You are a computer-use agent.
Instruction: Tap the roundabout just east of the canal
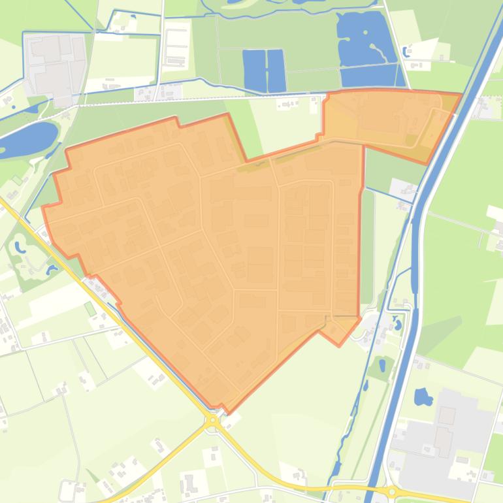pos(392,492)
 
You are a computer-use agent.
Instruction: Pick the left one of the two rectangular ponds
pos(254,71)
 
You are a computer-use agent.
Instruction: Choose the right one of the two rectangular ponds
pos(276,71)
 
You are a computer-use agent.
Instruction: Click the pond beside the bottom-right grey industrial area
pos(423,397)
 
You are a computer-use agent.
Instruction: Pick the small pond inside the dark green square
pos(382,366)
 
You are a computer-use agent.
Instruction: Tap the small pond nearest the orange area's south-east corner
pos(397,323)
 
